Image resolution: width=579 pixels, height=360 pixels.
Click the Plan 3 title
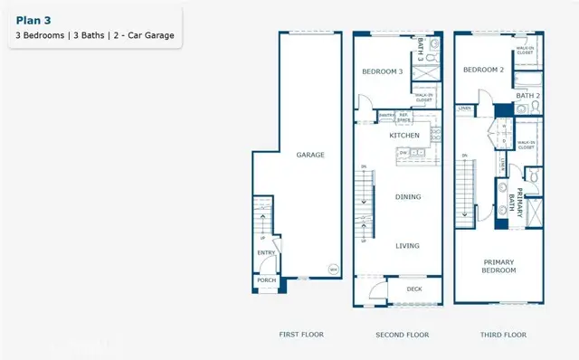tap(33, 19)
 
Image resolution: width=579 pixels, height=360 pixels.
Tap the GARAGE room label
tap(310, 155)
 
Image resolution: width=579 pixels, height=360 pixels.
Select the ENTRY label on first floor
tap(266, 253)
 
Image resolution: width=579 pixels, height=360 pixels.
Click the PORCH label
tap(266, 280)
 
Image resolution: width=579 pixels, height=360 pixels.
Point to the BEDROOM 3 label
tap(382, 71)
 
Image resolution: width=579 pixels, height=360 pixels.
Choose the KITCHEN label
tap(404, 135)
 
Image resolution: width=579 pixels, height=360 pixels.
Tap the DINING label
tap(409, 196)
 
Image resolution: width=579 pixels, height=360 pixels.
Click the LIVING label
tap(409, 244)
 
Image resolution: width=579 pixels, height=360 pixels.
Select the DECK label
tap(414, 290)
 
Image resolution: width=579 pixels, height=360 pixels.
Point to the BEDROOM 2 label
tap(482, 70)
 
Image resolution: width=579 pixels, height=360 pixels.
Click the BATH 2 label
tap(527, 95)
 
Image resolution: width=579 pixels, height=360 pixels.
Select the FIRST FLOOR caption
tap(300, 335)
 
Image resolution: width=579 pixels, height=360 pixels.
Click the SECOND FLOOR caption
tap(402, 335)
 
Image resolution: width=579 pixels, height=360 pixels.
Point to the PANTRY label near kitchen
tap(385, 116)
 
